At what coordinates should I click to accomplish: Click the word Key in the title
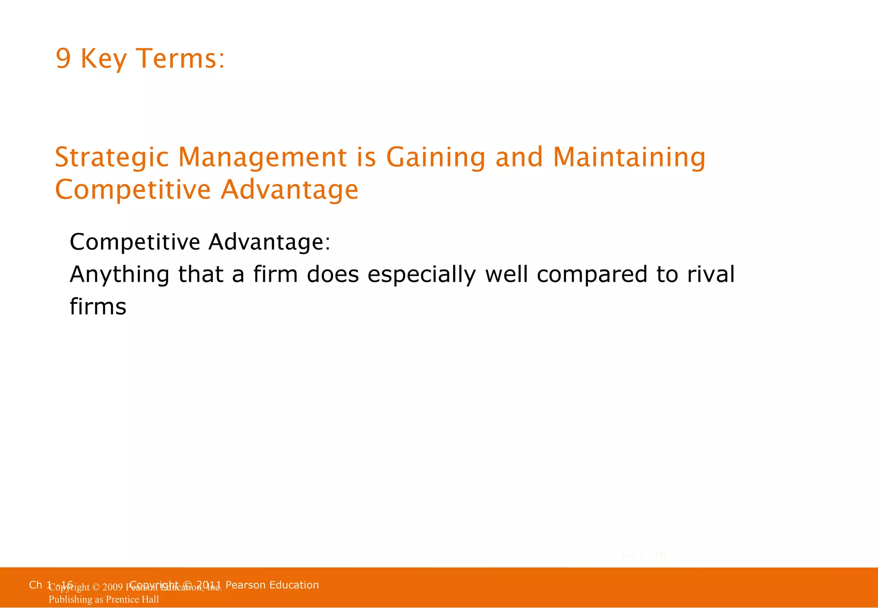pos(103,59)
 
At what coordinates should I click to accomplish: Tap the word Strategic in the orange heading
pos(112,157)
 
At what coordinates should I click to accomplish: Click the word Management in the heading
pos(262,157)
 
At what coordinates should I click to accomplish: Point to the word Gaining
pos(436,157)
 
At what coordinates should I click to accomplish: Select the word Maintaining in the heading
pos(629,157)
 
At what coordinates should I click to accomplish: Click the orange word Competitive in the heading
pos(133,190)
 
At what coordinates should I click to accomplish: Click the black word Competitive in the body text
pos(135,242)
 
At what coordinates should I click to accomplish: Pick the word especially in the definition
pos(421,274)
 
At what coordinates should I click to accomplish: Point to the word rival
pos(711,274)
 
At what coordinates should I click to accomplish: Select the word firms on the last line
pos(98,307)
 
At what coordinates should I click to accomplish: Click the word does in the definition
pos(333,274)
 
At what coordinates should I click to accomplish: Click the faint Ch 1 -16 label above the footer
pos(643,554)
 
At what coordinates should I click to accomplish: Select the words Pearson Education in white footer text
pos(272,585)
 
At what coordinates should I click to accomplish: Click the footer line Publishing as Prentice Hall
pos(104,599)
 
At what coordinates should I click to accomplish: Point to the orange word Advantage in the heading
pos(289,190)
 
